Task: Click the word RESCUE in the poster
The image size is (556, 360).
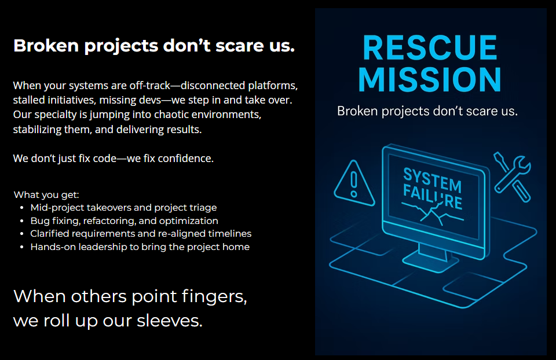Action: point(430,47)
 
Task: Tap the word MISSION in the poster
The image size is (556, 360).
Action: point(430,79)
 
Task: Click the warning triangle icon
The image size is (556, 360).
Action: point(354,183)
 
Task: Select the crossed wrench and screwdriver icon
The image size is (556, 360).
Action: point(513,177)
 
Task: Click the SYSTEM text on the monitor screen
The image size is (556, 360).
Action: point(432,179)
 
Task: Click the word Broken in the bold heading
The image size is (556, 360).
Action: point(46,46)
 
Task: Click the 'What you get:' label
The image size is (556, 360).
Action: point(46,195)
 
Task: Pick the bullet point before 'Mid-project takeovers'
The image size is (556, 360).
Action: point(22,208)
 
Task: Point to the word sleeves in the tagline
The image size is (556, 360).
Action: point(170,321)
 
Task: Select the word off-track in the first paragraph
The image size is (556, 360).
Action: point(150,86)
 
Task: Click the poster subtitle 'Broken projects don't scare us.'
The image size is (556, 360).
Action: point(427,111)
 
